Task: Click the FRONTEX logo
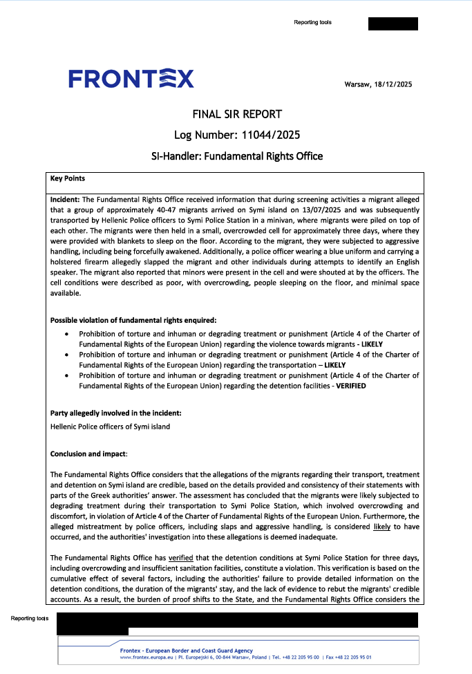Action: [131, 79]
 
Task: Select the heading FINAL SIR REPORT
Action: [236, 114]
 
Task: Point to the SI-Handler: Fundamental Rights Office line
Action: [236, 156]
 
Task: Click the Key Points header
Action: [68, 178]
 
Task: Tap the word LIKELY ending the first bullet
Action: [370, 344]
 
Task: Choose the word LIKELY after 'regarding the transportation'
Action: [335, 365]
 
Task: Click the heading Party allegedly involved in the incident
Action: [115, 413]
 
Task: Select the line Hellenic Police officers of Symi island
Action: [110, 427]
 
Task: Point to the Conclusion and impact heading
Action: [89, 453]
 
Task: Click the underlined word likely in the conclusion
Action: [381, 527]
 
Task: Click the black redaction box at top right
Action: [393, 24]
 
